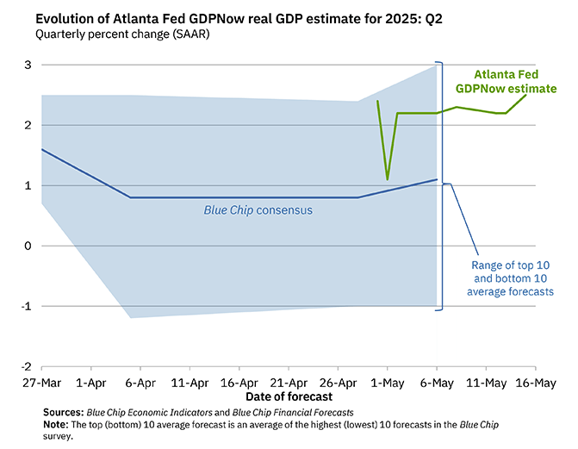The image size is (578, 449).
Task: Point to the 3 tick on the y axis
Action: [28, 65]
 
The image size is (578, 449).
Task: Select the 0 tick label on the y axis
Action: [28, 246]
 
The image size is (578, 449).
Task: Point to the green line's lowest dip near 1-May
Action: [388, 179]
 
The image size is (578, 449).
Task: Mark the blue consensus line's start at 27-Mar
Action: [41, 149]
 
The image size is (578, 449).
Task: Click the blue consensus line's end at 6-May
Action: [437, 179]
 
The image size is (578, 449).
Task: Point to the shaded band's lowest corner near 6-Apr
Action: [130, 318]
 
